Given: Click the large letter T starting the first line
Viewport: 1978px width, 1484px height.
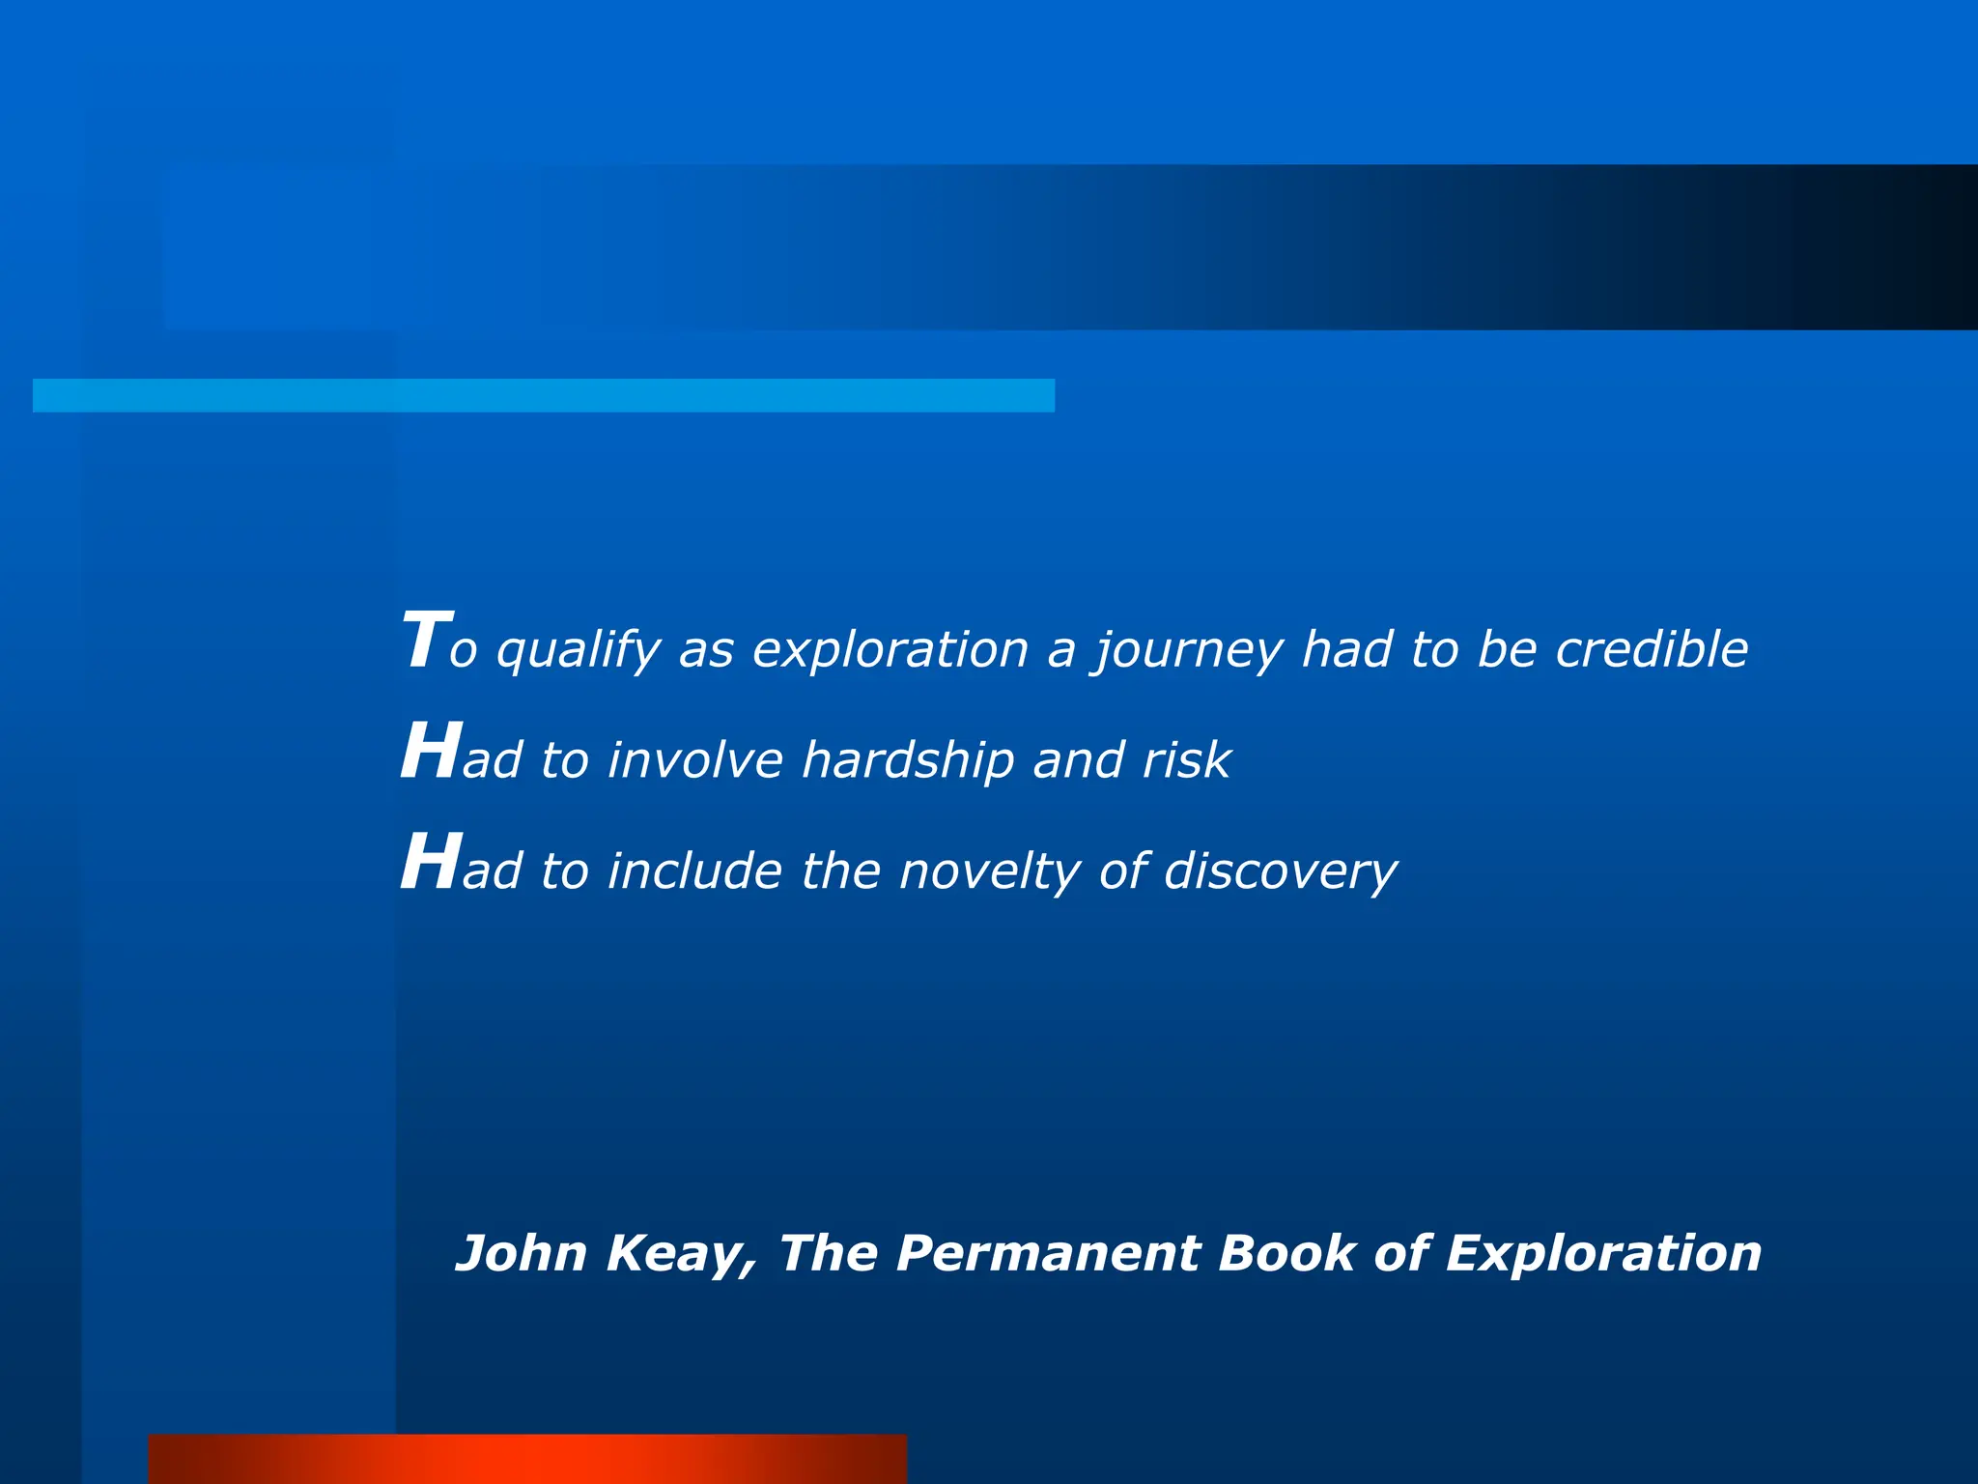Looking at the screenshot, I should coord(425,641).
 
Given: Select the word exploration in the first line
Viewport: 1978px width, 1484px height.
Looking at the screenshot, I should coord(890,649).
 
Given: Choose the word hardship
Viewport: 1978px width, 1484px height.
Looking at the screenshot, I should coord(907,760).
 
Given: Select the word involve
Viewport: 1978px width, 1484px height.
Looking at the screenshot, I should coord(695,760).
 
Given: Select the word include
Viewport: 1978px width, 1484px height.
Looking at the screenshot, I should coord(695,870).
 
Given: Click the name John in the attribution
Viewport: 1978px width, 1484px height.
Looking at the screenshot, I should coord(521,1253).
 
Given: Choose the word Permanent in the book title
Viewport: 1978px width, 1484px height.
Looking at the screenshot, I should coord(1048,1253).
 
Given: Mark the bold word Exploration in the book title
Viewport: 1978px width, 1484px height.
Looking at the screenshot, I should coord(1603,1255).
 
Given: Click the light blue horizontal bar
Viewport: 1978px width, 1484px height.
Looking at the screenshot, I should coord(543,395).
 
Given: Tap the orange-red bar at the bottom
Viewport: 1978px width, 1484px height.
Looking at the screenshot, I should coord(527,1458).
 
